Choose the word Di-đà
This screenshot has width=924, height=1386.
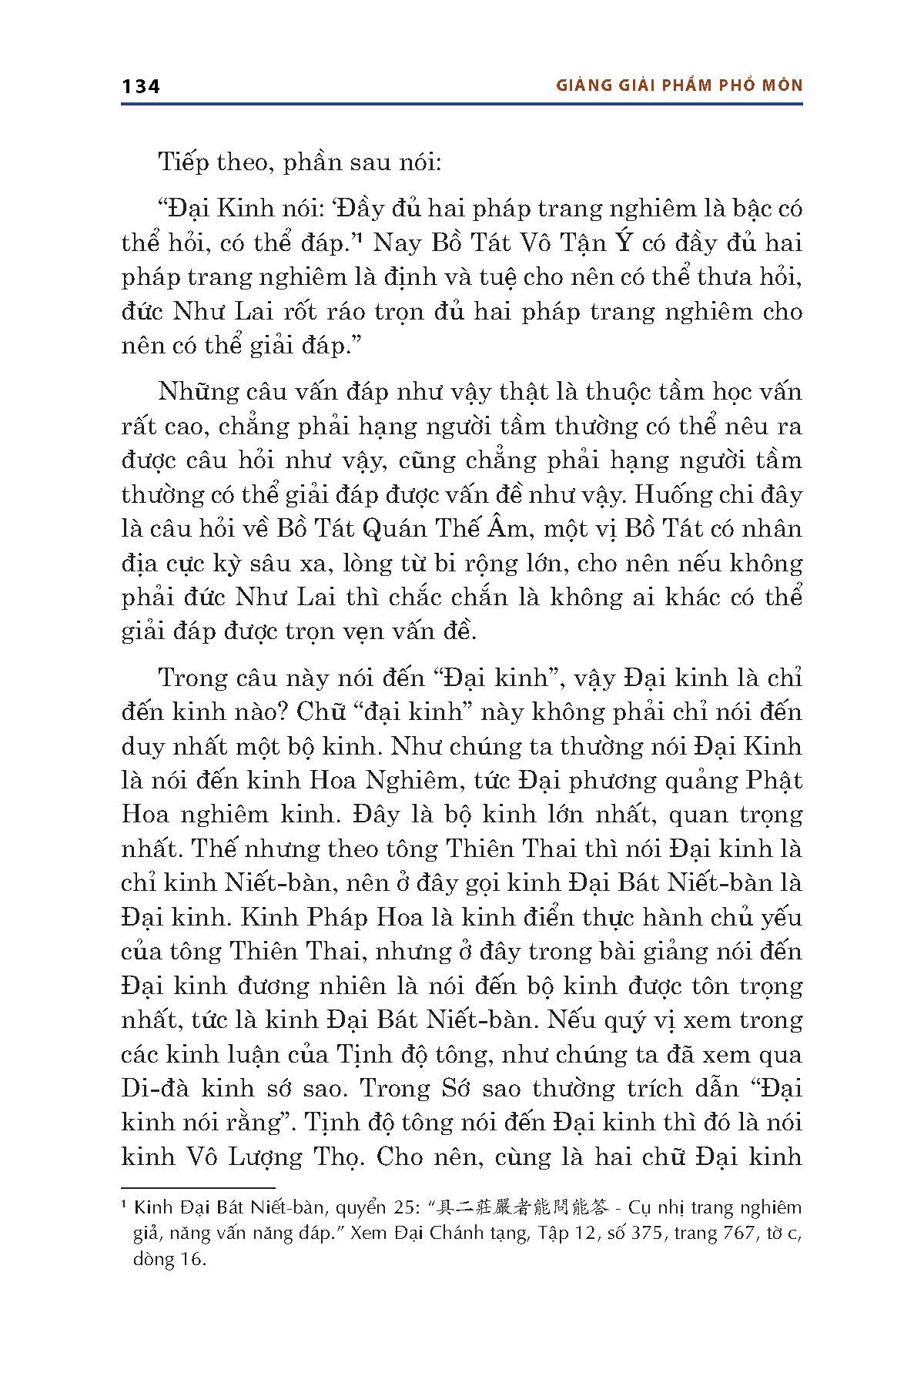[x=152, y=1088]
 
